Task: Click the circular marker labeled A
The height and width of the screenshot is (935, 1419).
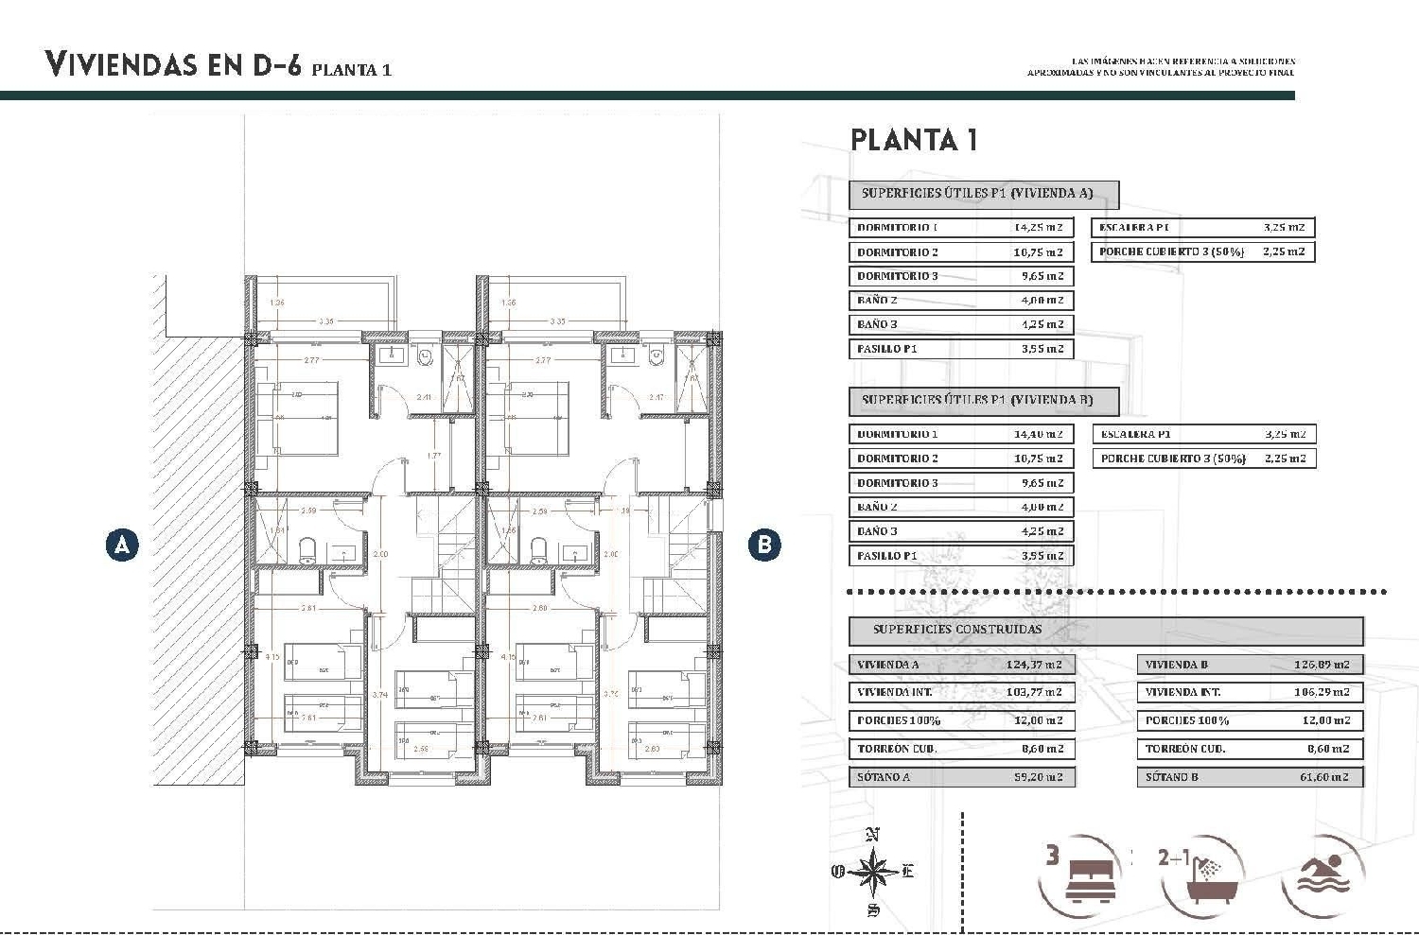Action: point(121,545)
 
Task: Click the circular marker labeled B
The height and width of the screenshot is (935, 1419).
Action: point(764,545)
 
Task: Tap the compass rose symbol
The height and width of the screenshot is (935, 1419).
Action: point(874,871)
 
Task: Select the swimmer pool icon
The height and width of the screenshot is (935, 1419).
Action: point(1322,875)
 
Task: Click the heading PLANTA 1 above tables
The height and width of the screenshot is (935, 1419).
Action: point(914,140)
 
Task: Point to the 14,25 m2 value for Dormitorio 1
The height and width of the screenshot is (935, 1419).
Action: point(1038,228)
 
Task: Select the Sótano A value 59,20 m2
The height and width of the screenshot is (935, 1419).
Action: point(1038,777)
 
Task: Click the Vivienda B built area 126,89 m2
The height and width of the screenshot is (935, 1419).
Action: point(1322,665)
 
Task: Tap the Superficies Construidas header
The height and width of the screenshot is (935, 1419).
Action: point(956,630)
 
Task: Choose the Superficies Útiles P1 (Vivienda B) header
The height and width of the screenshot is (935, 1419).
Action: point(976,400)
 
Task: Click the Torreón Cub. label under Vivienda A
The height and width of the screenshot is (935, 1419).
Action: point(897,749)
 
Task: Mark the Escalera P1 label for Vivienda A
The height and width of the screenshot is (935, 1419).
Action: point(1134,228)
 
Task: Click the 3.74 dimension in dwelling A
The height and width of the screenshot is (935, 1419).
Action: point(379,695)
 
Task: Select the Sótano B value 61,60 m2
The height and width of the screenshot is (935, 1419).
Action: point(1323,777)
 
